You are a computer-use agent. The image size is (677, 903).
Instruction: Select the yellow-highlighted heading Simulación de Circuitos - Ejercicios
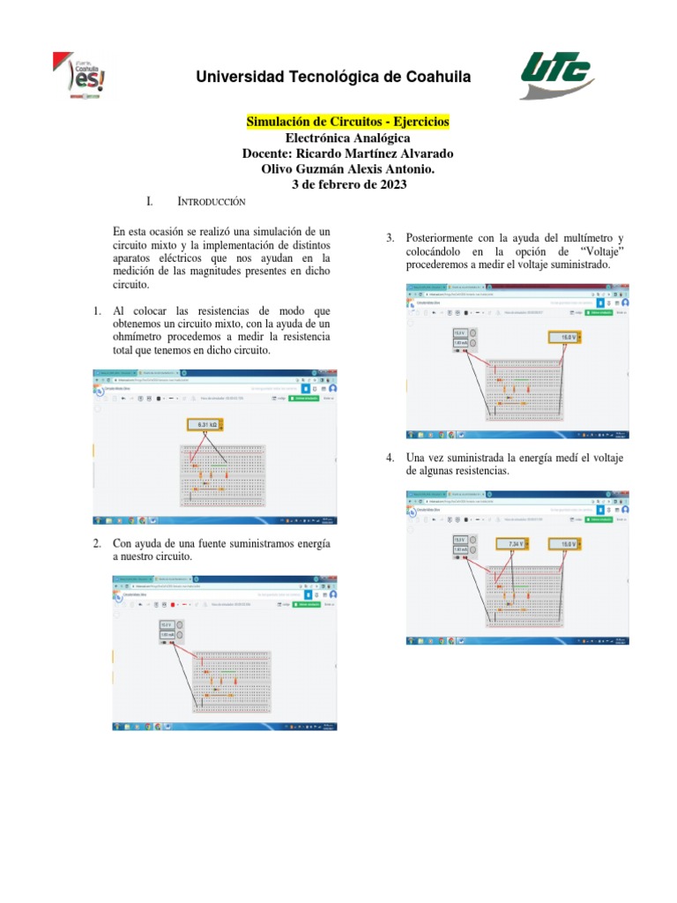(346, 121)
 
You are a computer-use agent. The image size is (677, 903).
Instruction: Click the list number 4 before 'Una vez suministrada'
(389, 458)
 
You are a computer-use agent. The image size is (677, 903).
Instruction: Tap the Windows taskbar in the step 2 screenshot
(224, 727)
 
